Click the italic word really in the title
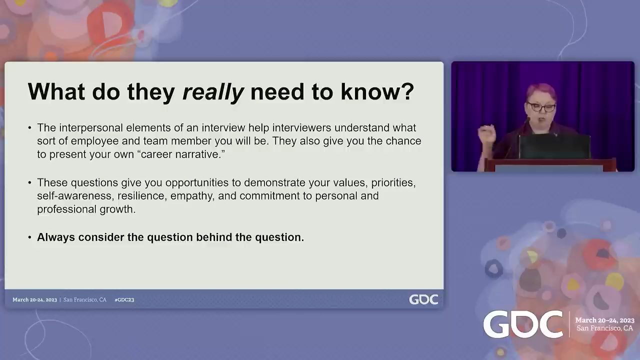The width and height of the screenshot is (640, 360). pos(213,92)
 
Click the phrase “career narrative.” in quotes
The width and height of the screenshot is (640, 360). pos(181,154)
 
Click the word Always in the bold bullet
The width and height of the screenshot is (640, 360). pos(56,237)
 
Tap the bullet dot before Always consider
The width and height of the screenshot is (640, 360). pos(29,237)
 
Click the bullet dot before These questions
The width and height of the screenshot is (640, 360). pos(29,182)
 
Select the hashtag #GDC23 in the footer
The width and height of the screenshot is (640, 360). pos(124,299)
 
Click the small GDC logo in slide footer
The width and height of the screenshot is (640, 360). pos(423,299)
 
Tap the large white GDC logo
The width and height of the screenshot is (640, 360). pos(523,324)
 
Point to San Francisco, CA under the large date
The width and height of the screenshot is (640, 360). pos(604,328)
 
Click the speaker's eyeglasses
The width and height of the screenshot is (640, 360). pos(541,107)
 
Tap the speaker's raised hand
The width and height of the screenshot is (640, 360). pos(487,133)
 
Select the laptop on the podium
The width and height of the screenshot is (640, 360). pos(554,146)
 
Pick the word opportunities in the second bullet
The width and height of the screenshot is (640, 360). pos(197,183)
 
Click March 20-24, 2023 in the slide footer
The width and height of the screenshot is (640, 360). pos(34,299)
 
